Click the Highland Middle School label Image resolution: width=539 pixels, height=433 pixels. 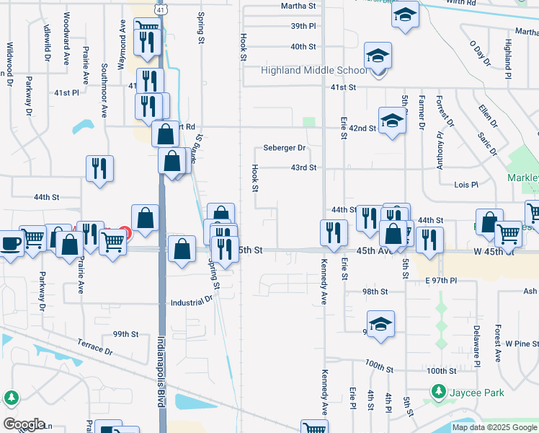pos(313,71)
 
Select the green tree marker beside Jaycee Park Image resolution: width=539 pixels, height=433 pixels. pos(437,392)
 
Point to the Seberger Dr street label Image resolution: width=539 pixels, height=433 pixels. pos(284,148)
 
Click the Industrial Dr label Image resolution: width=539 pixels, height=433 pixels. pos(192,302)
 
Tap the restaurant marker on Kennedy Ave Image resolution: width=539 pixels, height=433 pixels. pos(334,232)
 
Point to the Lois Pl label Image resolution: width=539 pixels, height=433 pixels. pos(466,185)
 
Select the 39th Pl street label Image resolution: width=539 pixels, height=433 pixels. pos(303,26)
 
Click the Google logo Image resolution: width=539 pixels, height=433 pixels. pos(24,424)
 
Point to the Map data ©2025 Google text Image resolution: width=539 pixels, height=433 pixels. pos(494,427)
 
